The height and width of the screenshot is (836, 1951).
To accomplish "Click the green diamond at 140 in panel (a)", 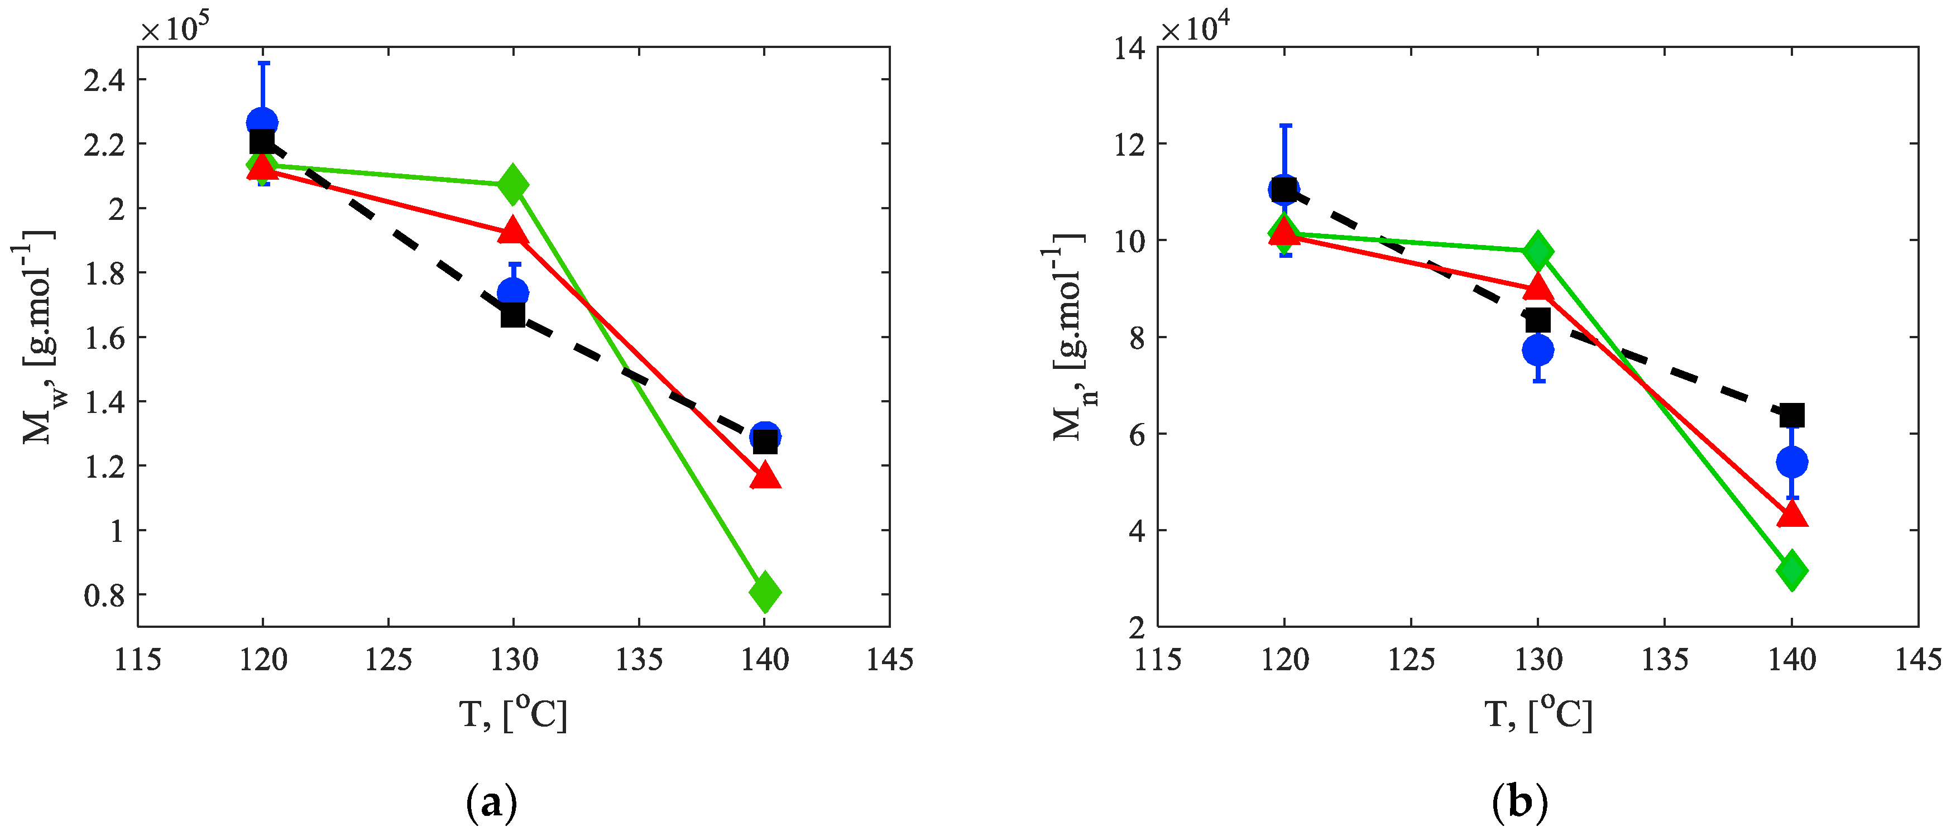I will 765,592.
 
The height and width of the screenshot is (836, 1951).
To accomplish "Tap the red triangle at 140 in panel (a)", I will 765,476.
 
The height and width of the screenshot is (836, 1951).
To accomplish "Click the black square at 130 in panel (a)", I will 513,314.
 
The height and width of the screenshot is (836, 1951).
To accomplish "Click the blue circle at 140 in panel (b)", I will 1791,461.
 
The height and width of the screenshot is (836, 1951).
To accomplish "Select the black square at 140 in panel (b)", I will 1792,415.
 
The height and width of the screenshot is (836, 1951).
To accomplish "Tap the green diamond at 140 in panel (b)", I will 1791,570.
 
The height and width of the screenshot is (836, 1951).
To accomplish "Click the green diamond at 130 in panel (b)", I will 1537,251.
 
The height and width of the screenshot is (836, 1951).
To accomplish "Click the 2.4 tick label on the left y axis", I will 104,79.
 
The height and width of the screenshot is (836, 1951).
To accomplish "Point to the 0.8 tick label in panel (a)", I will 104,596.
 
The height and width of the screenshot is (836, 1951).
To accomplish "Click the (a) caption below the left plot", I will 492,802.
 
